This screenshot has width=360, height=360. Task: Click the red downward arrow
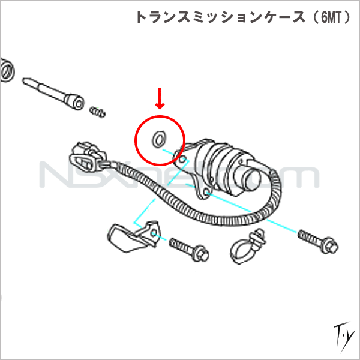(160, 98)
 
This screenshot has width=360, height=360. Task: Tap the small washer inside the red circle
(158, 139)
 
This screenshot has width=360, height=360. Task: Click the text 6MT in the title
(331, 17)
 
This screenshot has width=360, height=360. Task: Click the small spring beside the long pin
(98, 112)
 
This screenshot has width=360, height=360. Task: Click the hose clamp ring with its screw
(248, 247)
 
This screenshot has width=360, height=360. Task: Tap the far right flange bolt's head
(330, 247)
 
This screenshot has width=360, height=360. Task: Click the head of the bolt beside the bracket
(201, 254)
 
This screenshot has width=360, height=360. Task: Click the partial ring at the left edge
(7, 70)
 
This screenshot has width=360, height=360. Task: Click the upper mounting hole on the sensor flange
(182, 159)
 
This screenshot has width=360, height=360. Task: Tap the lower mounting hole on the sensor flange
(206, 191)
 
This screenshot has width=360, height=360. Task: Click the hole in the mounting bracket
(154, 233)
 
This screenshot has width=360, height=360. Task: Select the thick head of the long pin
(74, 101)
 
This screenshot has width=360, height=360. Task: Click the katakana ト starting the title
(142, 17)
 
